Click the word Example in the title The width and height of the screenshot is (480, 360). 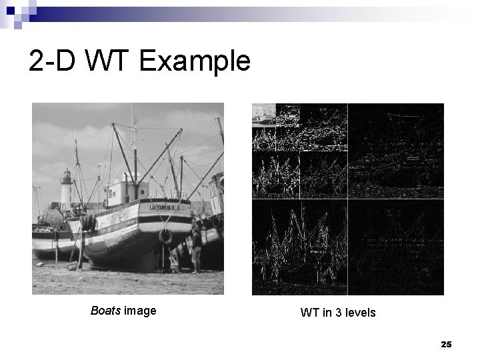click(x=195, y=62)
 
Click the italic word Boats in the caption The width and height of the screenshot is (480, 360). click(x=105, y=311)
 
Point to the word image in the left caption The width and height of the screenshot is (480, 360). click(x=140, y=311)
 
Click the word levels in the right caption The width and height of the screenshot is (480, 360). click(x=359, y=312)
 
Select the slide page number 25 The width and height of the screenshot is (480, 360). click(x=446, y=344)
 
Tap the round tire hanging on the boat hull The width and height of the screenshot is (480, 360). click(x=165, y=236)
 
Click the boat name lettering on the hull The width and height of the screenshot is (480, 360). click(x=165, y=207)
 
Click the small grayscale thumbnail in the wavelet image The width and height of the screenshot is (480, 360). click(x=263, y=115)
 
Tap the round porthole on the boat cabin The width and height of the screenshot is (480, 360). click(x=113, y=195)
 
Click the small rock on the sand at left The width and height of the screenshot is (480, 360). click(x=72, y=267)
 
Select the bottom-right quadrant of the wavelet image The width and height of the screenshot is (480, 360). click(x=395, y=247)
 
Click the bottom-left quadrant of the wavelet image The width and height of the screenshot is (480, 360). click(x=299, y=247)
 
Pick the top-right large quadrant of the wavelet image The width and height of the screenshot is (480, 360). click(x=395, y=151)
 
